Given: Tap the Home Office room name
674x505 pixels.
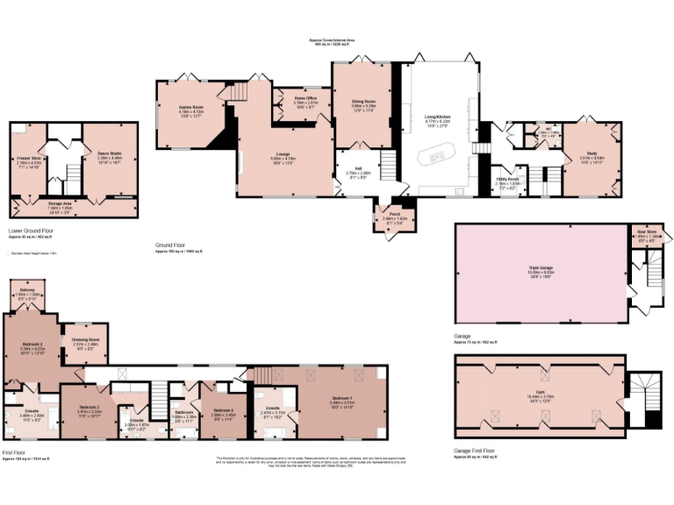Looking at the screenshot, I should pos(305,97).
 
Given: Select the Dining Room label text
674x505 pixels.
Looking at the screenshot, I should pos(364,101).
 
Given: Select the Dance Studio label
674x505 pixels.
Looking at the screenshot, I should pos(110,153).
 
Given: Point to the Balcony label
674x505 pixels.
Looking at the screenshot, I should pos(27,290).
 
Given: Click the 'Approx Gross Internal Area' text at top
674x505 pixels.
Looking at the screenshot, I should pos(335,40).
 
